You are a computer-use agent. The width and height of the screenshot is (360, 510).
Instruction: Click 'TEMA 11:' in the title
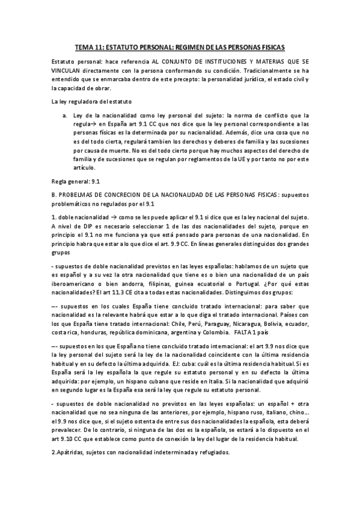(92, 46)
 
